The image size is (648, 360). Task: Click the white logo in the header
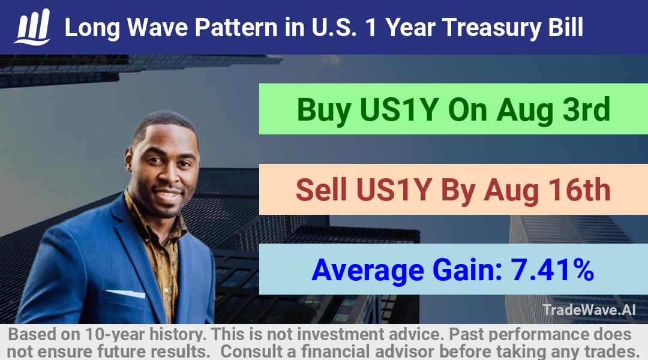click(x=32, y=27)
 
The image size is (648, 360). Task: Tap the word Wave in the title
click(x=157, y=28)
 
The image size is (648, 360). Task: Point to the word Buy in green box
click(x=324, y=110)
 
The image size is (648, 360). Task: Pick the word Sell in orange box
click(x=321, y=190)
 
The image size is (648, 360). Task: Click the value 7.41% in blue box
click(x=552, y=269)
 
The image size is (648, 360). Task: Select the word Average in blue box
click(x=368, y=271)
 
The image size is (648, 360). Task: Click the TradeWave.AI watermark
click(x=589, y=310)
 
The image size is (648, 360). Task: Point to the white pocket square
click(x=126, y=293)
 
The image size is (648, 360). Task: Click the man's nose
click(x=167, y=177)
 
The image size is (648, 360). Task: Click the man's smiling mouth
click(x=169, y=194)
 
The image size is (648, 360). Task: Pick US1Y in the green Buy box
click(x=399, y=109)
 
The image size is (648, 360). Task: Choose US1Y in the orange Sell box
click(x=394, y=190)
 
